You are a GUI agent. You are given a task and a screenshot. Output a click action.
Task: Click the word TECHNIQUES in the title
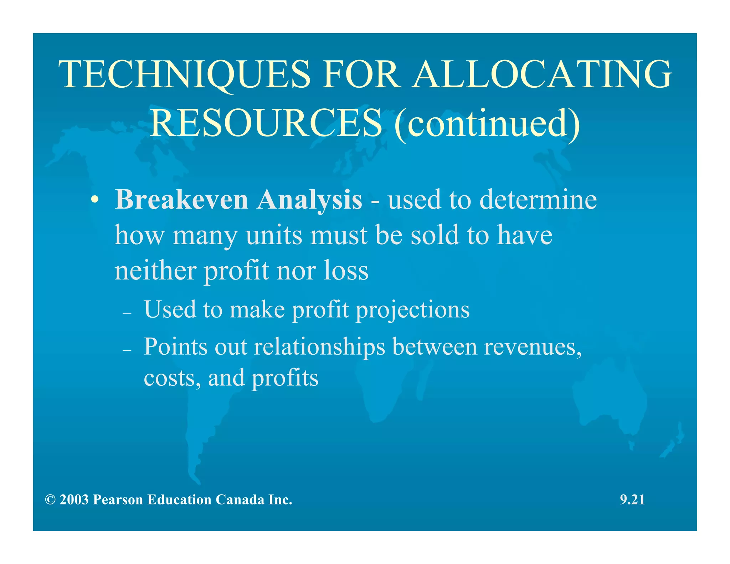click(x=185, y=75)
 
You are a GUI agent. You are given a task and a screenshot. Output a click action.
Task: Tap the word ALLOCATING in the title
click(x=542, y=75)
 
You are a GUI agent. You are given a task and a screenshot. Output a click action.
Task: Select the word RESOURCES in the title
click(x=266, y=123)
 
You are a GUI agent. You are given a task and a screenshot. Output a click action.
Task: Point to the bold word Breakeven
click(x=181, y=200)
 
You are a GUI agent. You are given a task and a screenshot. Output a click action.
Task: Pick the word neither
click(x=155, y=271)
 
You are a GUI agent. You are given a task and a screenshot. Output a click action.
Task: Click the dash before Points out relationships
click(x=127, y=350)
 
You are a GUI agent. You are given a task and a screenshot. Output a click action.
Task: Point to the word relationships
click(x=319, y=347)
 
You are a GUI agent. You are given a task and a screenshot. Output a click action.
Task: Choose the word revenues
click(x=533, y=347)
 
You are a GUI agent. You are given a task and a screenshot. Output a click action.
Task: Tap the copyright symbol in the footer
click(x=50, y=500)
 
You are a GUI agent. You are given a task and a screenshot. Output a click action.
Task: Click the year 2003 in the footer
click(x=74, y=500)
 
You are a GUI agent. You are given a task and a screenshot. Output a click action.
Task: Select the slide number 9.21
click(x=632, y=500)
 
